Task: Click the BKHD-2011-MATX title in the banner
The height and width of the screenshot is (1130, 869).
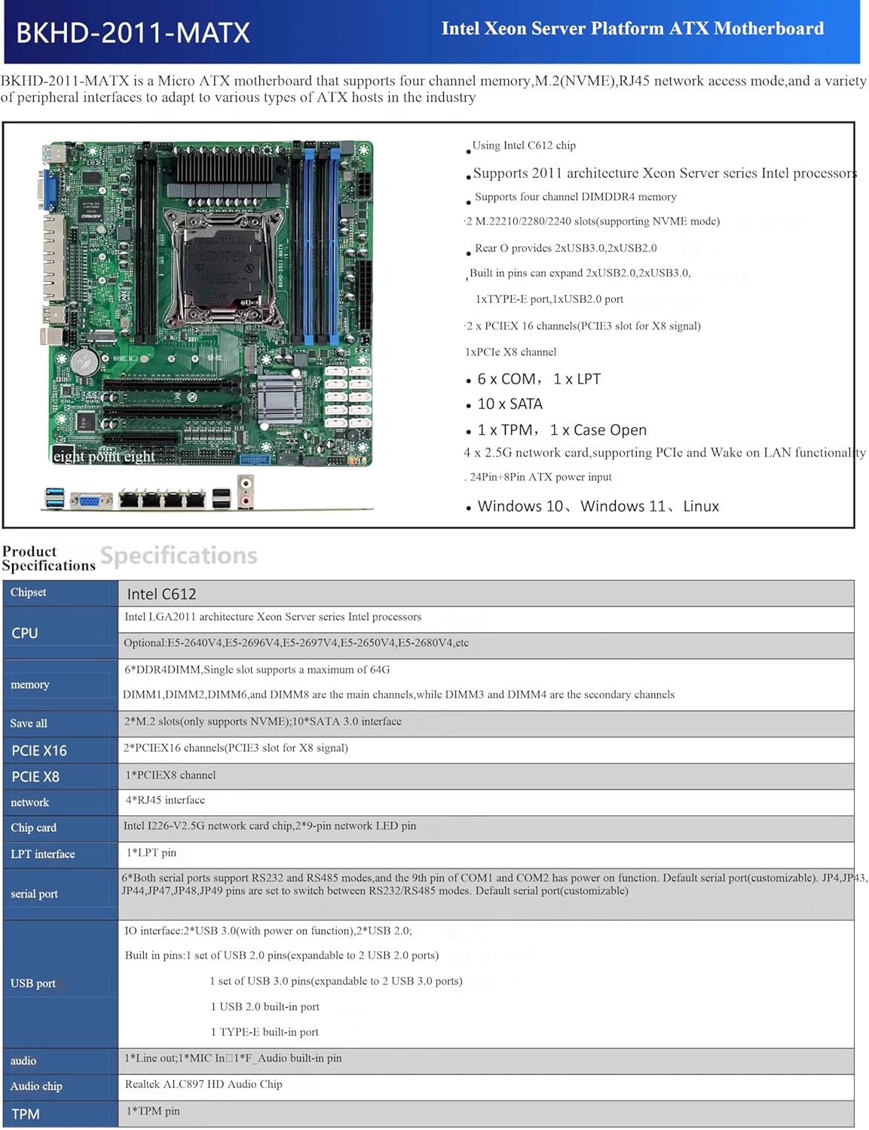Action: click(x=133, y=33)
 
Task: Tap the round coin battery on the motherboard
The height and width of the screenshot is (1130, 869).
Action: click(x=84, y=362)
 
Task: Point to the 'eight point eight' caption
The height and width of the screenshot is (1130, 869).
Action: click(x=104, y=457)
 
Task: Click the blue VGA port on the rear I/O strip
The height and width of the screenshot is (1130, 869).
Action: click(x=90, y=500)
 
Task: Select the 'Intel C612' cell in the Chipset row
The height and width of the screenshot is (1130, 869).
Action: click(x=161, y=594)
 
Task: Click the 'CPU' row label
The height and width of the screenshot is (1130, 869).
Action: click(x=25, y=633)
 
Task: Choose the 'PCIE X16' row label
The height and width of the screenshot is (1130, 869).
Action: click(x=39, y=750)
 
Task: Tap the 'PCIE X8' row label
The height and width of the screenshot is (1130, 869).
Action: click(x=35, y=777)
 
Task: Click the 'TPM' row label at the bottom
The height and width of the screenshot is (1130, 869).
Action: click(x=26, y=1114)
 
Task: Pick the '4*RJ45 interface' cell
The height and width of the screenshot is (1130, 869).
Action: click(x=165, y=800)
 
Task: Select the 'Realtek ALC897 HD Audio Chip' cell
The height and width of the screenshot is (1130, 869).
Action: click(x=203, y=1084)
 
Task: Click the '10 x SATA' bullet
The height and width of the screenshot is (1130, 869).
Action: click(x=509, y=404)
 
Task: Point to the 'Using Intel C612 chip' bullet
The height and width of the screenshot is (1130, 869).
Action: click(x=524, y=145)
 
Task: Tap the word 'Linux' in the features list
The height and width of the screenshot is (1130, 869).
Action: click(x=701, y=506)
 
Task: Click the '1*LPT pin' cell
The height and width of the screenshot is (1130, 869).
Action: click(x=151, y=853)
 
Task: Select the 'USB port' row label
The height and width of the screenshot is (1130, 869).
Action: click(x=33, y=983)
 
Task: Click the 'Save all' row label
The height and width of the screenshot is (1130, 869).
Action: click(x=29, y=723)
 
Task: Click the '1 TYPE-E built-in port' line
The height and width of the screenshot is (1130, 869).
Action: click(x=265, y=1032)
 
